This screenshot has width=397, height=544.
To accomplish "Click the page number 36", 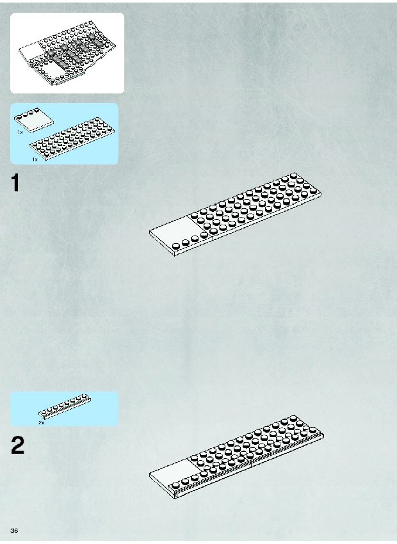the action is (x=14, y=531).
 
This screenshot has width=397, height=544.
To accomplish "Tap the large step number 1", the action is (x=15, y=182).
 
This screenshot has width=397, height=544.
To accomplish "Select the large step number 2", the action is (x=18, y=445).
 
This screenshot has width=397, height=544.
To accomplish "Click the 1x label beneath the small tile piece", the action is (x=20, y=132).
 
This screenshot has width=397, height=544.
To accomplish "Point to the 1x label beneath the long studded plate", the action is (x=35, y=159).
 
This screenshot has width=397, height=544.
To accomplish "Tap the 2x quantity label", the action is (x=41, y=422).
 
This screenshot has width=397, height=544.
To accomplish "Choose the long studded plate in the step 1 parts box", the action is (x=72, y=139).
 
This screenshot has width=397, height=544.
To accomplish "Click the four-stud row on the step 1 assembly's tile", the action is (x=190, y=241).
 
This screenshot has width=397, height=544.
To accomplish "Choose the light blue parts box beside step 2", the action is (x=64, y=409).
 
